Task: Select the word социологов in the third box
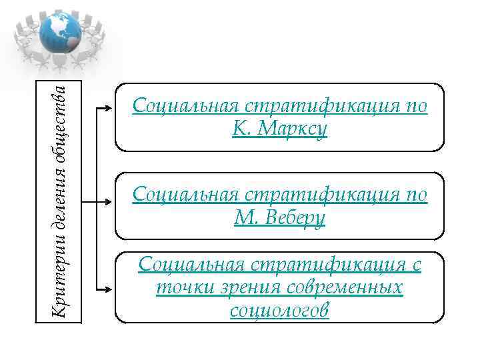(279, 311)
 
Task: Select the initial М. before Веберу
(245, 217)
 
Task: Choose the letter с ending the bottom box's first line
(417, 265)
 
